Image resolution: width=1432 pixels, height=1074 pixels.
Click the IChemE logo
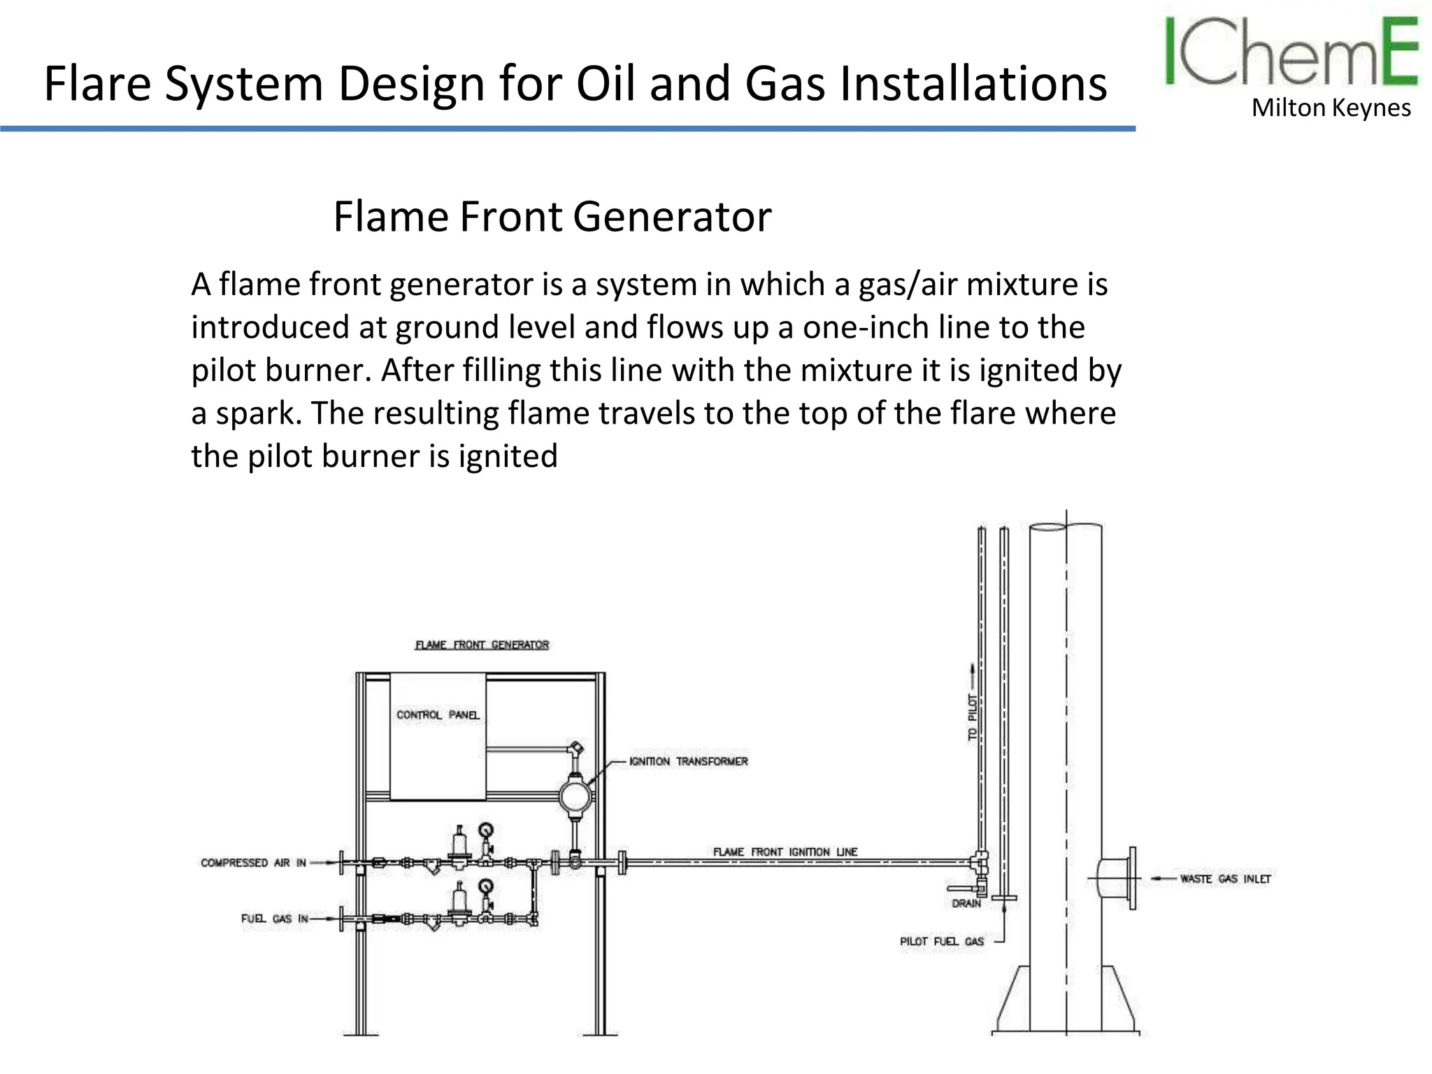(1291, 53)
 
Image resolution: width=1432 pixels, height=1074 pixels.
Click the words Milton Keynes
(1331, 108)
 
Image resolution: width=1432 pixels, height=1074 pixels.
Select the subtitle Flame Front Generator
(552, 217)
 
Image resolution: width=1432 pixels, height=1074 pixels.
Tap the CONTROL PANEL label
(438, 715)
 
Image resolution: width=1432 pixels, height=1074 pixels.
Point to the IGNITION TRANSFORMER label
(688, 761)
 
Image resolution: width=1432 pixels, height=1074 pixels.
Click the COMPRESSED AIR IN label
(253, 863)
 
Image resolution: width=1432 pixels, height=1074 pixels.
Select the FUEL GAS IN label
(274, 918)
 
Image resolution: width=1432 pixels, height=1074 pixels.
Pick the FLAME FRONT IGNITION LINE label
(785, 852)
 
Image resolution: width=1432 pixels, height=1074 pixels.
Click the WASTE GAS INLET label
(1225, 879)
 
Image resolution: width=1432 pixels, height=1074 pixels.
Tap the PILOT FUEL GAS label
(941, 942)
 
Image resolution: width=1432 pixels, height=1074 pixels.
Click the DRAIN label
(966, 903)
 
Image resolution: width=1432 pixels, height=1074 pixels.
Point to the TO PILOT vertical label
(973, 717)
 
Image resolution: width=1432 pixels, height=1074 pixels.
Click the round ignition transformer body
(575, 796)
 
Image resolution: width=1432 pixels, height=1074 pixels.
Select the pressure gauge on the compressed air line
(485, 830)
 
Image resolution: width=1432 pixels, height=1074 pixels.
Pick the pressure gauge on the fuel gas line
(485, 886)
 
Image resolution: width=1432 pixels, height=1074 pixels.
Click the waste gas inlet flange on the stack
(1131, 878)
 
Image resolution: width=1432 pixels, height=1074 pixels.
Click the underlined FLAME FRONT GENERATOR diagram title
(482, 645)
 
